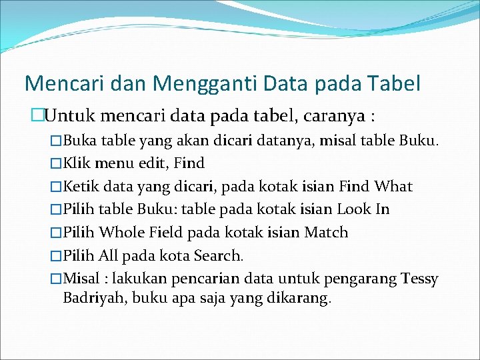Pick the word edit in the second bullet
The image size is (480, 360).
point(153,163)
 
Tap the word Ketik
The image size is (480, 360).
point(80,187)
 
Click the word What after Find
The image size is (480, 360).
point(393,187)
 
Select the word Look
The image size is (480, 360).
point(355,209)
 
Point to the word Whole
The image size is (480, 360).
point(121,233)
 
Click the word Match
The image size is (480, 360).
point(326,233)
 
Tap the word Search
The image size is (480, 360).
point(219,255)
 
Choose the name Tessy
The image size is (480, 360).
point(420,279)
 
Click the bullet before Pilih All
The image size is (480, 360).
point(56,256)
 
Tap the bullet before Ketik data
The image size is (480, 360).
point(56,187)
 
